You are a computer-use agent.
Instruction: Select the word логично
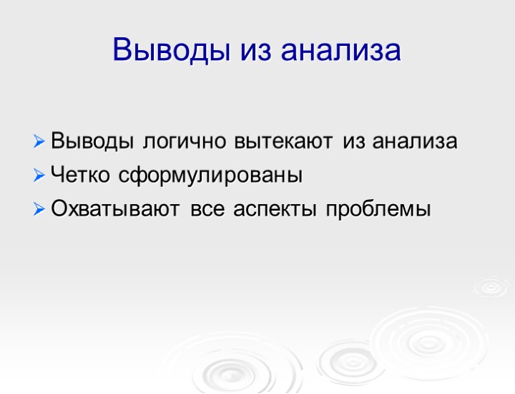[184, 141]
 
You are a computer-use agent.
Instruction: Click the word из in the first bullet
[354, 141]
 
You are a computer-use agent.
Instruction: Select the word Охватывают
[117, 210]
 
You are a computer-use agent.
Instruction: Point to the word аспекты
[275, 210]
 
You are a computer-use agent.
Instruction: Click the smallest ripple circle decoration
[491, 287]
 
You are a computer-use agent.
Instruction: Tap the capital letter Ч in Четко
[57, 176]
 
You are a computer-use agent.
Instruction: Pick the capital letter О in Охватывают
[59, 210]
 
